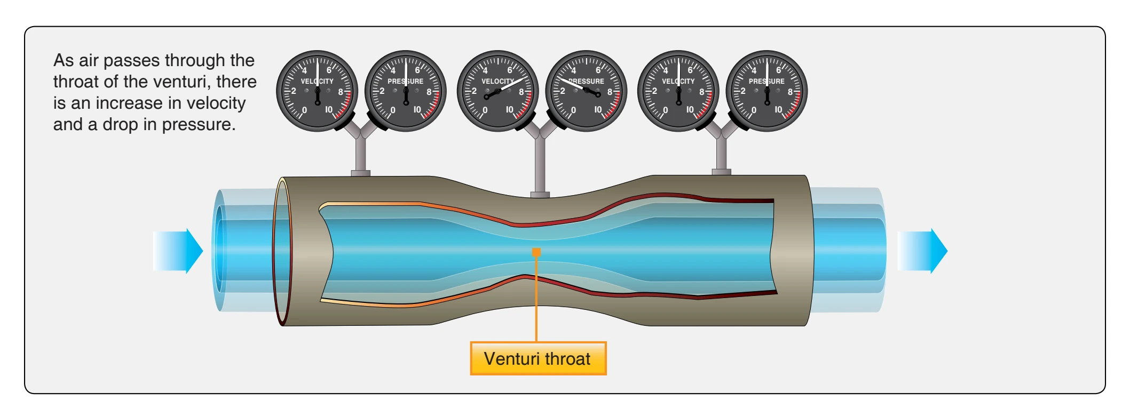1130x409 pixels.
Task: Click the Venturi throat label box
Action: pyautogui.click(x=538, y=358)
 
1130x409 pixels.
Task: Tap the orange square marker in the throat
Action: pyautogui.click(x=536, y=252)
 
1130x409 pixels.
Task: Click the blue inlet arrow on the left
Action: pyautogui.click(x=178, y=251)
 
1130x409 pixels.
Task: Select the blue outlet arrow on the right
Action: pyautogui.click(x=922, y=251)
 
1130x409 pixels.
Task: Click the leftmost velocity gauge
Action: pyautogui.click(x=317, y=91)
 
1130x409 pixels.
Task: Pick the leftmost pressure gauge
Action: pyautogui.click(x=406, y=91)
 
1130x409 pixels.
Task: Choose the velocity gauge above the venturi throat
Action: pyautogui.click(x=497, y=91)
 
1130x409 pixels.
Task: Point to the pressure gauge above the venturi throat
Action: pyautogui.click(x=586, y=91)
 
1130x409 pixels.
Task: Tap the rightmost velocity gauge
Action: pyautogui.click(x=678, y=91)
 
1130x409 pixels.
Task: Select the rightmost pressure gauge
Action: pyautogui.click(x=767, y=91)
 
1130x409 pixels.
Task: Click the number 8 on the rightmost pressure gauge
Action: pyautogui.click(x=791, y=92)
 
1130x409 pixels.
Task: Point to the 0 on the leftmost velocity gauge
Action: pyautogui.click(x=304, y=110)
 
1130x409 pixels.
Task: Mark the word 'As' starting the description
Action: pyautogui.click(x=64, y=60)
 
